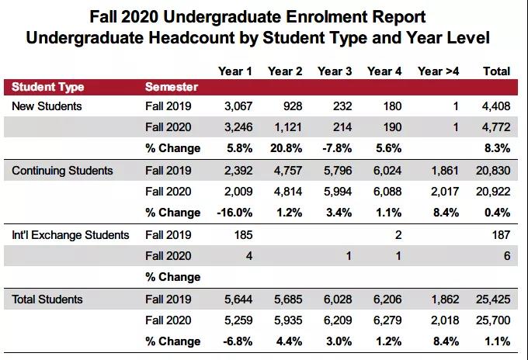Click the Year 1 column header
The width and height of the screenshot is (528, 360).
pyautogui.click(x=234, y=71)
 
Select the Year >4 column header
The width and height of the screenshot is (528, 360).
pyautogui.click(x=438, y=71)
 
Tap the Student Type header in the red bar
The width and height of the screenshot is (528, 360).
pyautogui.click(x=48, y=87)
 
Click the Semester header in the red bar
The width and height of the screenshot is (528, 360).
pyautogui.click(x=172, y=87)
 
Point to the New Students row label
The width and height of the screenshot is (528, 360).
pyautogui.click(x=47, y=106)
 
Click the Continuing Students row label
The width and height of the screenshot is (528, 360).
pyautogui.click(x=62, y=171)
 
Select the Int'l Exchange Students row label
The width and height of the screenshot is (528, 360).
pyautogui.click(x=71, y=235)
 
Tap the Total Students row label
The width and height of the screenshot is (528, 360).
pyautogui.click(x=47, y=299)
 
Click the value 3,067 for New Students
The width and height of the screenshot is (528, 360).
pyautogui.click(x=238, y=106)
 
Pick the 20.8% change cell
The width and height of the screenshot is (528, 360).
pyautogui.click(x=286, y=148)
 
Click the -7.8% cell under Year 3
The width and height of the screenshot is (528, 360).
pyautogui.click(x=337, y=148)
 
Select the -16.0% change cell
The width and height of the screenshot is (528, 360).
pyautogui.click(x=234, y=213)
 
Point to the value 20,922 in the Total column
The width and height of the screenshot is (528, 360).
pyautogui.click(x=493, y=192)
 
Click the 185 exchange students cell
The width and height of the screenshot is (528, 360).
pyautogui.click(x=244, y=235)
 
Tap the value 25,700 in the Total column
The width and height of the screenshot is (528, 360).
pyautogui.click(x=493, y=320)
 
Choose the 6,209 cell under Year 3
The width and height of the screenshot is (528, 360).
pyautogui.click(x=338, y=320)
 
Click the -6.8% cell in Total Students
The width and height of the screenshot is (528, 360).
pyautogui.click(x=238, y=341)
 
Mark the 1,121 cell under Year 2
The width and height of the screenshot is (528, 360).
pyautogui.click(x=288, y=127)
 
